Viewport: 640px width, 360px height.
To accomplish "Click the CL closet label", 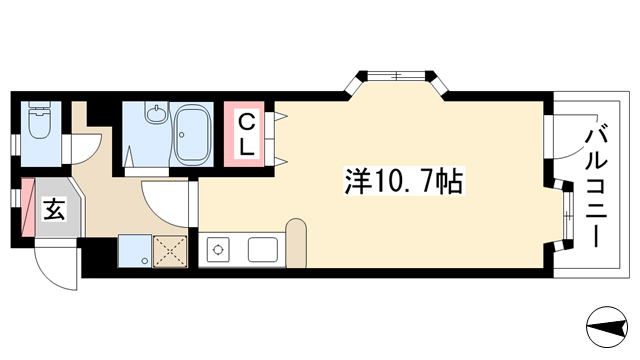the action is (x=246, y=134).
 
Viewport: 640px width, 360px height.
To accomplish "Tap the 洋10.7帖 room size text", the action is (x=404, y=181).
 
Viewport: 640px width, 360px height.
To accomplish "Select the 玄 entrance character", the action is (x=54, y=209).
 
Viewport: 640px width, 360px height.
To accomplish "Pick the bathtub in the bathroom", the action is (x=192, y=135).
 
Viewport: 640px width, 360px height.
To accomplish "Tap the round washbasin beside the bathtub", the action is (x=156, y=114).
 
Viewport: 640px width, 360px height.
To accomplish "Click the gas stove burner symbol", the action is (x=218, y=249).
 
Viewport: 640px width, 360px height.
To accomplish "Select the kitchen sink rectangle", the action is (x=263, y=250).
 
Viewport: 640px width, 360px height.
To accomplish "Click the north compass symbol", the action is (x=607, y=327).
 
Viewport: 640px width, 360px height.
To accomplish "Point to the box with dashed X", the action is (x=170, y=251).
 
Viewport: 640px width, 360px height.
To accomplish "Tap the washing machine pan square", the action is (x=135, y=251).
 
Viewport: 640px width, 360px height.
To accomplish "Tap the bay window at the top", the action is (x=396, y=82).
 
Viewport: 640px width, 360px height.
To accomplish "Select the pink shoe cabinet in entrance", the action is (x=28, y=208).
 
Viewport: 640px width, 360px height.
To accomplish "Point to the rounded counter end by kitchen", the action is (x=296, y=244).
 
